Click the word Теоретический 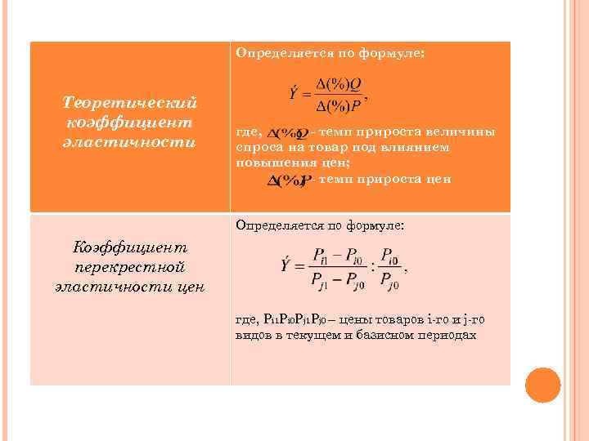tap(131, 103)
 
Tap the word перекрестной tap(131, 266)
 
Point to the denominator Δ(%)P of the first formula tap(339, 107)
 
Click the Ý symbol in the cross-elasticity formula tap(286, 265)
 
